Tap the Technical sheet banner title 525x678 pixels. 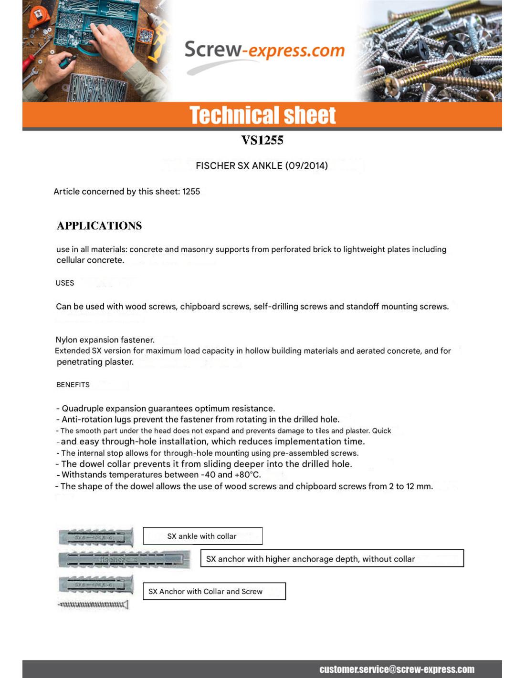(262, 115)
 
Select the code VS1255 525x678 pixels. (262, 140)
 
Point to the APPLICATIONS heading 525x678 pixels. (99, 226)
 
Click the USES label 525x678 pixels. (65, 283)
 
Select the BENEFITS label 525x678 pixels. (73, 385)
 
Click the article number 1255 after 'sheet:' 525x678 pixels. (191, 192)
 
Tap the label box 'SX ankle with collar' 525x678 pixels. (202, 536)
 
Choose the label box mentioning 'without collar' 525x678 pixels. (332, 559)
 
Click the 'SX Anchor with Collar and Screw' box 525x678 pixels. (214, 591)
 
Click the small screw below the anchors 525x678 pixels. (93, 605)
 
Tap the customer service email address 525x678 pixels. (397, 669)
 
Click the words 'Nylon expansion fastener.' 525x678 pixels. (105, 340)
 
